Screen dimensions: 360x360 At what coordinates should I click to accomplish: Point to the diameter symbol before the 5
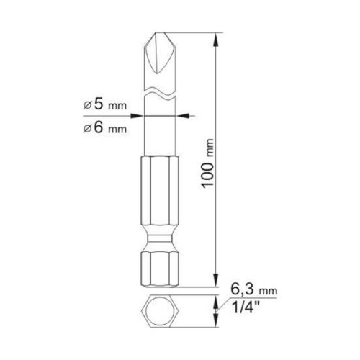coord(87,105)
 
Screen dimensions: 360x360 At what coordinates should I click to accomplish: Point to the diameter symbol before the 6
coord(87,130)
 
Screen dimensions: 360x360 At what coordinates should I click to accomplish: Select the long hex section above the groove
coord(159,194)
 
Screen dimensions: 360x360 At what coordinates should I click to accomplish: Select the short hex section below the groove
coord(159,266)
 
